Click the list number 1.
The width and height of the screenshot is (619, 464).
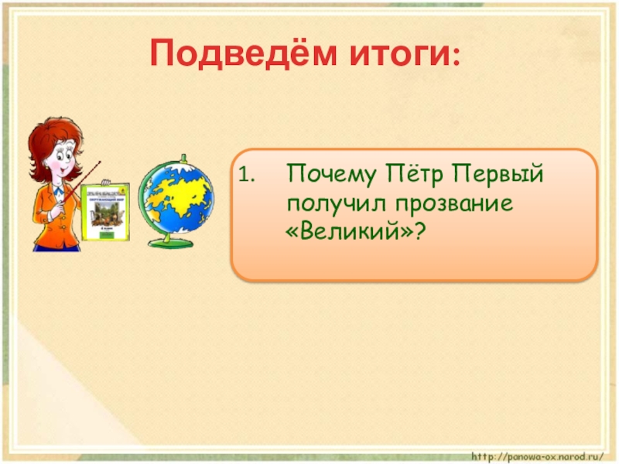pos(245,176)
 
